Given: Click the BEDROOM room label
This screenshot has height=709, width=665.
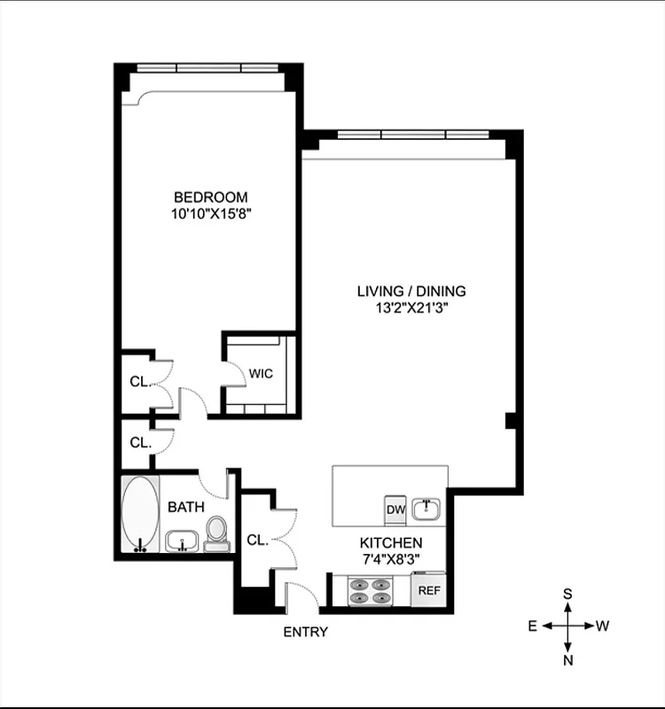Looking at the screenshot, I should click(x=210, y=197).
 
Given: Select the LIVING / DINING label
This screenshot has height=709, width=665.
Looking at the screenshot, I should click(x=411, y=291).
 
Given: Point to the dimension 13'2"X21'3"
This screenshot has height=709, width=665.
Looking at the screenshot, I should click(x=411, y=308).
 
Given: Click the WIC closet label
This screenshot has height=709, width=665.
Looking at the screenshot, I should click(x=261, y=374).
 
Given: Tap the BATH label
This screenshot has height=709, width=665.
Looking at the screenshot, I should click(x=186, y=507).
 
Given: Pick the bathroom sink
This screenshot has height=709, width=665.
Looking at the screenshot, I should click(x=182, y=541).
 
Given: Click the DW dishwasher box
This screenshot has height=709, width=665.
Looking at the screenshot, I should click(x=395, y=510).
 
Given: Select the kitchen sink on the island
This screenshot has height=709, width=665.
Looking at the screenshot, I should click(x=429, y=508).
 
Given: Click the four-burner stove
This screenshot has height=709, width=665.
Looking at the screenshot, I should click(x=371, y=591).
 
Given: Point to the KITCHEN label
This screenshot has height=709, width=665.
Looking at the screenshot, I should click(x=390, y=542).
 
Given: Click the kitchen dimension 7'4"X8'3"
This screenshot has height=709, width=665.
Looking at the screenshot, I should click(x=390, y=558).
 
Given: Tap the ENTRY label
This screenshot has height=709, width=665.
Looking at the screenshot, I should click(x=305, y=632).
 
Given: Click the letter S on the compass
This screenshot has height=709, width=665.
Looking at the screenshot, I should click(x=567, y=594).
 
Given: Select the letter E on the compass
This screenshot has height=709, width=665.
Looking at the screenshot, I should click(x=533, y=626).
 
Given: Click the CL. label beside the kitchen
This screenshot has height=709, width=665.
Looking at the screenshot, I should click(x=257, y=539).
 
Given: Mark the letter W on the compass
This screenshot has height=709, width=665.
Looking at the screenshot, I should click(x=602, y=626).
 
